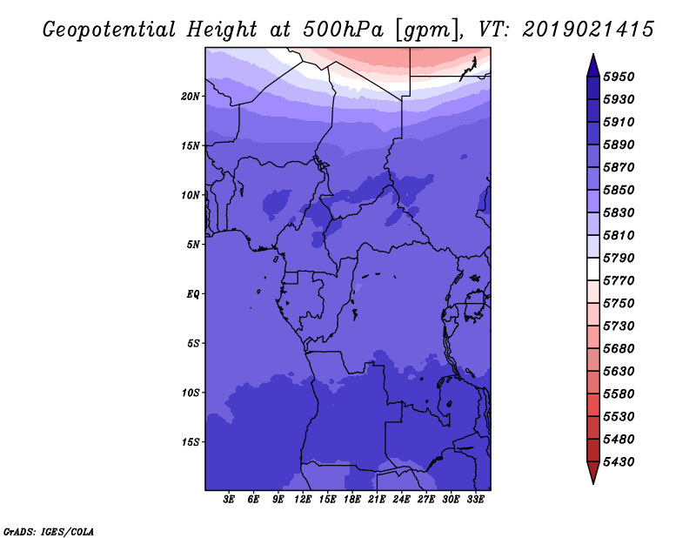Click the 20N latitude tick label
[x=191, y=97]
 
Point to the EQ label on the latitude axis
[x=193, y=294]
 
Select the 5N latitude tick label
[x=193, y=245]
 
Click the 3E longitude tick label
[x=229, y=500]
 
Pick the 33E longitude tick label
[x=475, y=500]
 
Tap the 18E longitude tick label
[x=352, y=500]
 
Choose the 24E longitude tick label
[x=401, y=500]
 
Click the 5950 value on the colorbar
[x=619, y=77]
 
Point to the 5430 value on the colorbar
[x=619, y=462]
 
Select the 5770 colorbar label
[x=619, y=281]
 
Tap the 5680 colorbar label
[x=619, y=349]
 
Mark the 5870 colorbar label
[x=619, y=167]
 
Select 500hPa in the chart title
[x=343, y=30]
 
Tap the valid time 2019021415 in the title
[x=588, y=30]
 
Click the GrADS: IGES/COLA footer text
[x=49, y=532]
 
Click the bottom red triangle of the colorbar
[x=593, y=471]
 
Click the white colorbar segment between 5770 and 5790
[x=593, y=269]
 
